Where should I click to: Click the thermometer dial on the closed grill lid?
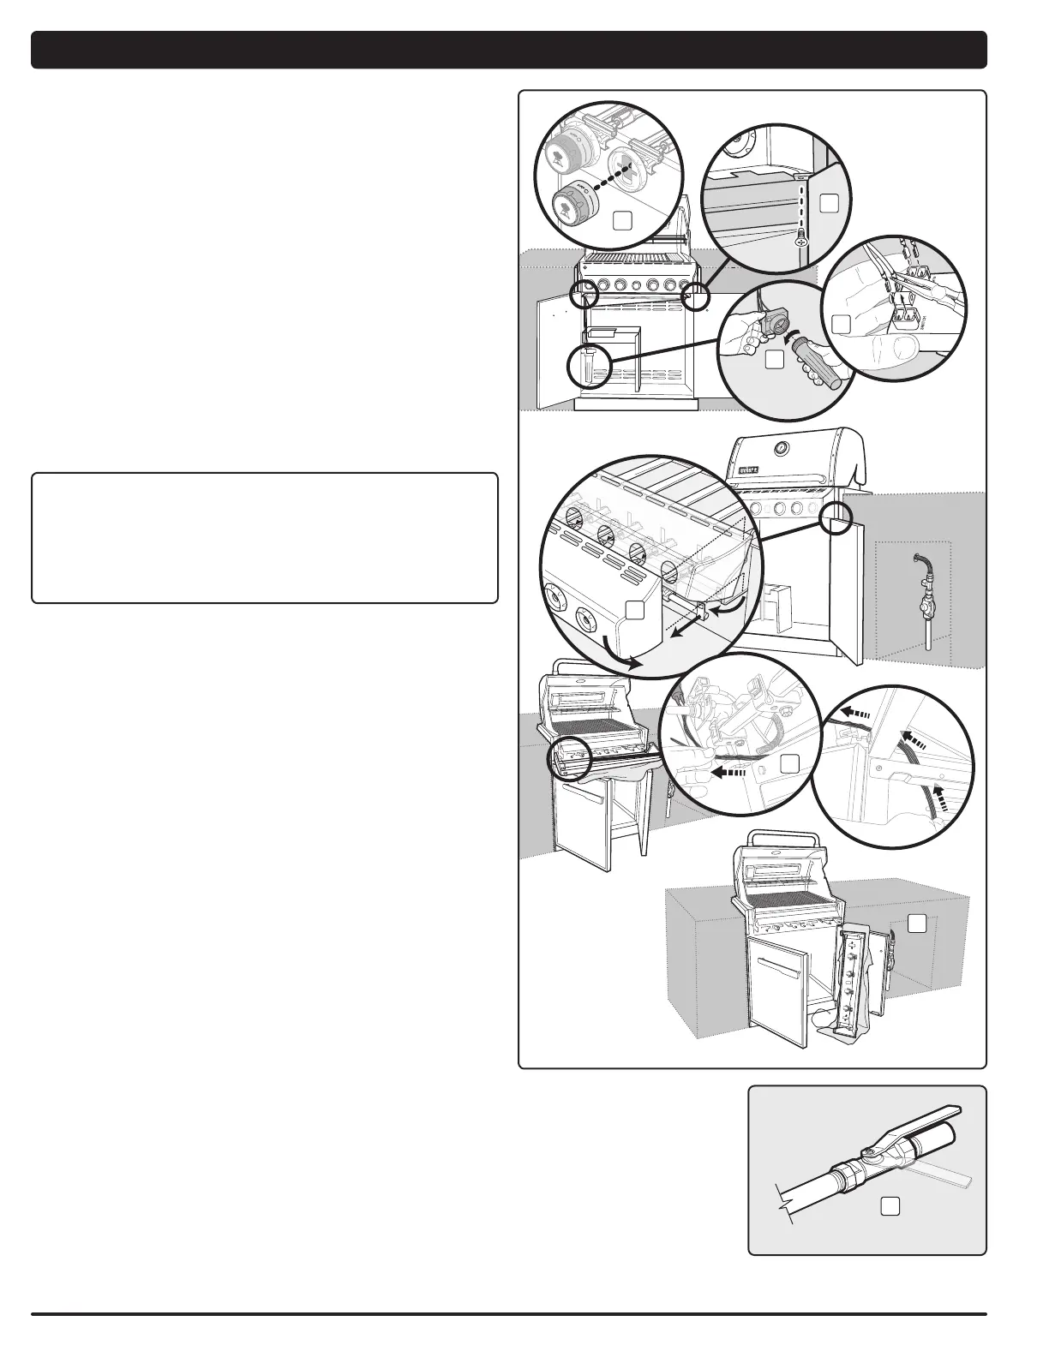[781, 449]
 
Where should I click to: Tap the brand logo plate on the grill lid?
[746, 469]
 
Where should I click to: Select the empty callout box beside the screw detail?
[828, 203]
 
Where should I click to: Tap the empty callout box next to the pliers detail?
[842, 323]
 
